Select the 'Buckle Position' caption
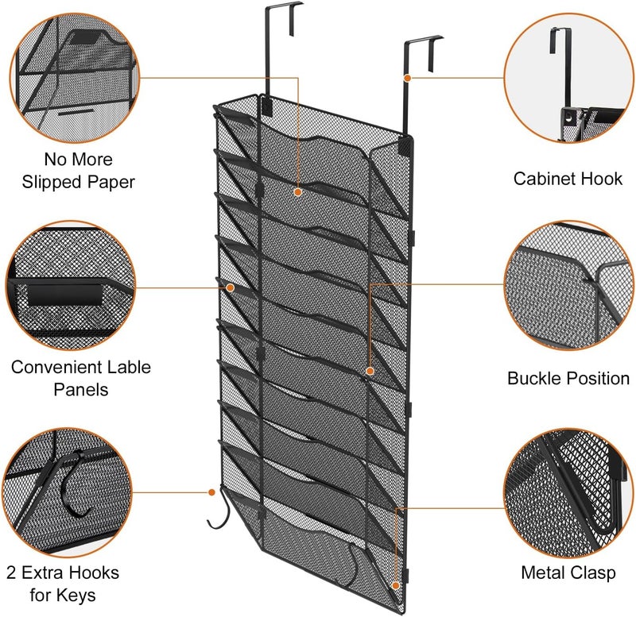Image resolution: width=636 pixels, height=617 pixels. tap(568, 377)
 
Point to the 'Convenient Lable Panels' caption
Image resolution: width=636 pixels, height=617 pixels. tap(80, 378)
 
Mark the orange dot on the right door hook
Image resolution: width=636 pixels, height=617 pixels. tap(407, 78)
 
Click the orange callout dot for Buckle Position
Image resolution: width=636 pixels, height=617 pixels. tap(370, 371)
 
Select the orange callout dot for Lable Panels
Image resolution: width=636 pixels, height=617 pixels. tap(230, 287)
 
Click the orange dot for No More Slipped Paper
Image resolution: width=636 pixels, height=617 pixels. tap(298, 191)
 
